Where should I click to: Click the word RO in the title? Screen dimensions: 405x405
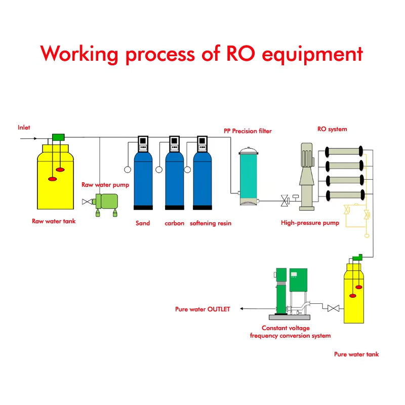click(240, 54)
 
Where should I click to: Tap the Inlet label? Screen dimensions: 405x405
click(24, 128)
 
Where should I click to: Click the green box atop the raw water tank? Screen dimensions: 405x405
click(58, 137)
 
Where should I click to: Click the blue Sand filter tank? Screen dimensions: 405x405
click(143, 181)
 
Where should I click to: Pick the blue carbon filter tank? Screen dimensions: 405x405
click(175, 181)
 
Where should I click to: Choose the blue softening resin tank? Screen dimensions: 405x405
click(202, 181)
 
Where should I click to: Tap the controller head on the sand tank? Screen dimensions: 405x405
click(143, 144)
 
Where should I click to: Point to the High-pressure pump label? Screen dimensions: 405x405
click(310, 223)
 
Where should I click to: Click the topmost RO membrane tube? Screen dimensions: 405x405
click(344, 151)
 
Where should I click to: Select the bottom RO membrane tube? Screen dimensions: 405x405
click(345, 195)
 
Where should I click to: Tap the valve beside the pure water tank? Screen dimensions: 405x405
click(333, 308)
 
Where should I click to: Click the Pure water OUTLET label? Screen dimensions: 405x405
click(202, 309)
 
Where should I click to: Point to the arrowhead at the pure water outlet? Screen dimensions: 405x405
click(241, 309)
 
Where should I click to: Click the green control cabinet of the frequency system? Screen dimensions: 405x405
click(298, 280)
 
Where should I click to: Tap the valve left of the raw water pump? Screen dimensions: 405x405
click(87, 201)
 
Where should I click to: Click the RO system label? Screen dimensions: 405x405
click(332, 129)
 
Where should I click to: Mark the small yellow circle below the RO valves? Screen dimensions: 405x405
click(367, 235)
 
